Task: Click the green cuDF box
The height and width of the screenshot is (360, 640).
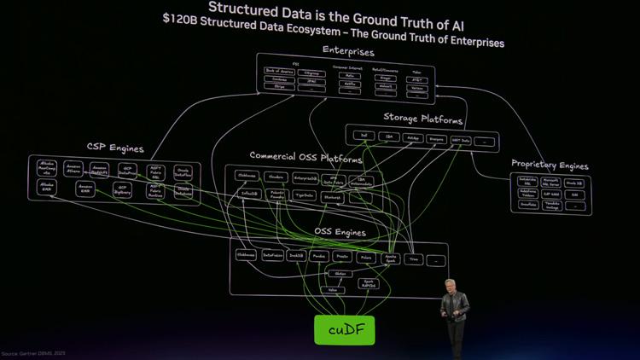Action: click(x=344, y=330)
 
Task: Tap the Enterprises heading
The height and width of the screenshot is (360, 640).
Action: click(x=348, y=50)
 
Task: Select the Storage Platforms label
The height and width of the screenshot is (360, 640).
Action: click(x=423, y=118)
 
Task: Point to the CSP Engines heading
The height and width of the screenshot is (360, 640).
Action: click(x=115, y=148)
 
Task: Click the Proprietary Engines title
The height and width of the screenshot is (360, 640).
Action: click(x=550, y=164)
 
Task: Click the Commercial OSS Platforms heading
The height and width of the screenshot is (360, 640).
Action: click(x=305, y=158)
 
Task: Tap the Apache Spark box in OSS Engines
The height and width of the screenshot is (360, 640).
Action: click(x=391, y=258)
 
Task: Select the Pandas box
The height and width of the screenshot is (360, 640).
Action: click(x=319, y=256)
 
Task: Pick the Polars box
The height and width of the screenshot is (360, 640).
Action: click(x=366, y=257)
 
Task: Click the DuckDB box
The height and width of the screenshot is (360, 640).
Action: click(x=296, y=256)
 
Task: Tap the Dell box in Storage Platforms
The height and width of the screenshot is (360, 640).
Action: click(x=364, y=136)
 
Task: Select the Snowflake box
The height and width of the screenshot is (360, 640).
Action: click(x=528, y=205)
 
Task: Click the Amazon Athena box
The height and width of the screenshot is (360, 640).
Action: click(x=73, y=169)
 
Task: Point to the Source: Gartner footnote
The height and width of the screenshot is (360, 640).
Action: click(x=34, y=353)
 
